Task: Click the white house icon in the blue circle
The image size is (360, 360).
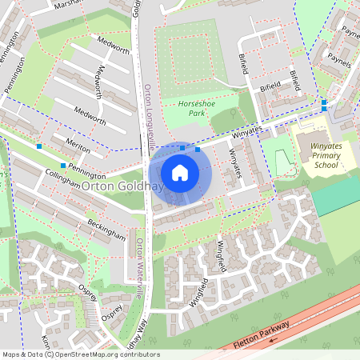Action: click(180, 172)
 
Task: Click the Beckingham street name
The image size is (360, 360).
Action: click(106, 230)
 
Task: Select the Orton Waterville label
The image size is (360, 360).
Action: click(138, 269)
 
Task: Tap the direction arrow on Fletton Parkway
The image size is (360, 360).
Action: click(274, 339)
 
